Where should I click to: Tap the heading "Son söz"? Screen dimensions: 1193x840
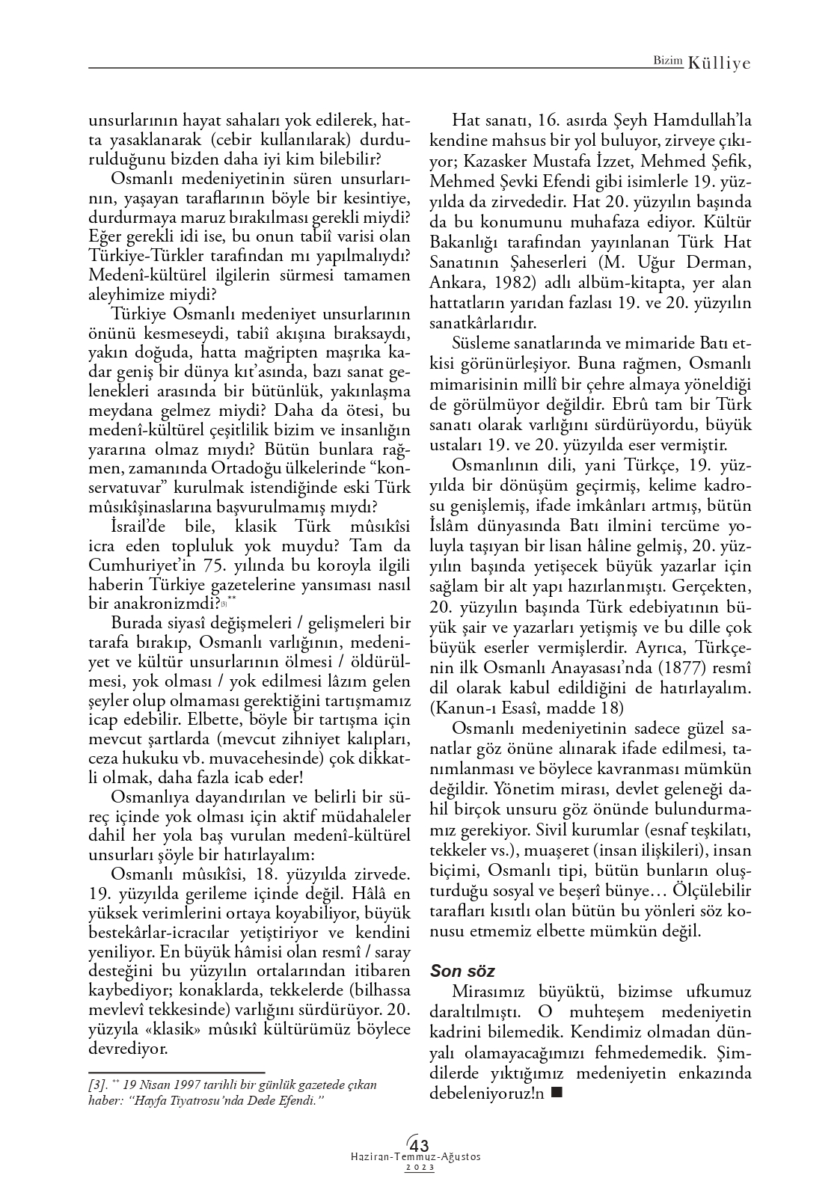click(462, 971)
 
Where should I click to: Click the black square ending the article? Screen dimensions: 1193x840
click(555, 1093)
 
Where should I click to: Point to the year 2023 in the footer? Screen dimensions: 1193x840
click(419, 1168)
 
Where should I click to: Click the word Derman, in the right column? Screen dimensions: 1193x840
click(720, 263)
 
